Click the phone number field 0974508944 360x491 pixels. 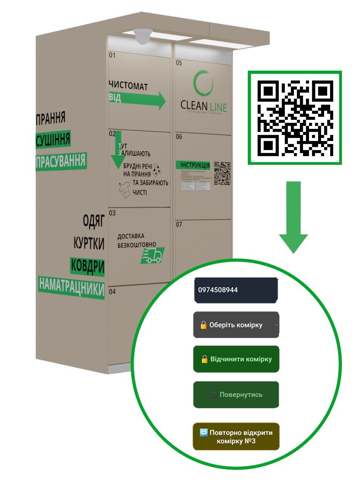coord(236,290)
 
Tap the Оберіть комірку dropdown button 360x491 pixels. coord(236,325)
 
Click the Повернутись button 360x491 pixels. coord(236,395)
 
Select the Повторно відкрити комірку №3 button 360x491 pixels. coord(236,437)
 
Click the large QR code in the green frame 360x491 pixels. coord(295,118)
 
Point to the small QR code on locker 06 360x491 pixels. coord(222,173)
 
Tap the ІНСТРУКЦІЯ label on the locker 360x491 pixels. coord(195,165)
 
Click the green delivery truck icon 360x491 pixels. coord(153,256)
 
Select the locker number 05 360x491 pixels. coord(179,63)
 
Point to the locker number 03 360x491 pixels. coord(112,213)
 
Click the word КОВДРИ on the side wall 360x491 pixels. coord(87,266)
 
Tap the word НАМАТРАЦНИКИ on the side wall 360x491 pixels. coord(71,287)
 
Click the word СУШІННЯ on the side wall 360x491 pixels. coord(53,139)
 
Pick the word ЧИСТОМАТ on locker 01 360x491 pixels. coord(128,85)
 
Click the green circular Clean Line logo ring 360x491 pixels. coord(203,83)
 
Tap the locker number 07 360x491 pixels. coord(179,225)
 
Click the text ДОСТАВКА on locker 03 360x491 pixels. coord(131,236)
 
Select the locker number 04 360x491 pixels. coord(112,291)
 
